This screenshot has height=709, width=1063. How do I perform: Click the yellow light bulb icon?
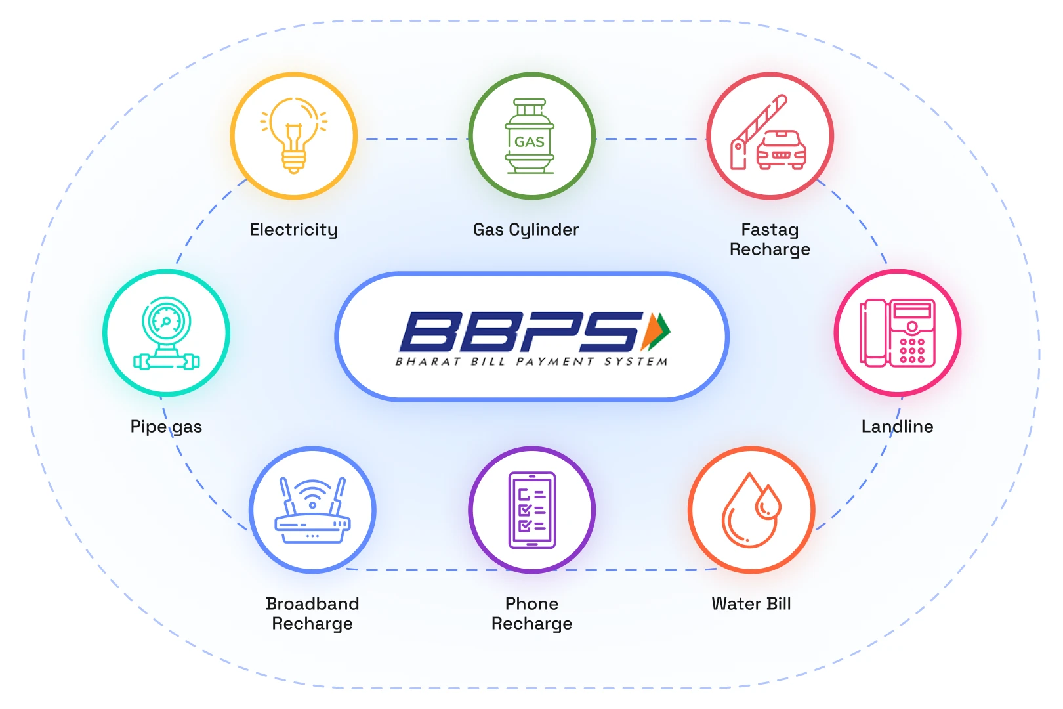[294, 135]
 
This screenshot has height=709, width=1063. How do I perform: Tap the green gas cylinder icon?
[530, 136]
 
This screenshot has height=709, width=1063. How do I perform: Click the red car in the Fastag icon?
[781, 150]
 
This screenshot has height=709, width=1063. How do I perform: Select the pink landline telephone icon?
[898, 333]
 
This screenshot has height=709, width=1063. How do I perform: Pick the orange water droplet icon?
[751, 510]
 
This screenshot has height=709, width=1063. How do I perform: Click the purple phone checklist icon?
[532, 510]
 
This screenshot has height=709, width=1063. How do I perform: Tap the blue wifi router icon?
[312, 511]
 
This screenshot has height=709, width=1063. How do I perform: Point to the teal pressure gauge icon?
[166, 333]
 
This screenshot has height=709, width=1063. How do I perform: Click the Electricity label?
[294, 230]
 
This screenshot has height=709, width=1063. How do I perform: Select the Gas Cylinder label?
[526, 230]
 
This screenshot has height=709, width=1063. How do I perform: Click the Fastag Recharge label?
[770, 240]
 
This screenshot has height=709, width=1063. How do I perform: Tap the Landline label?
[898, 427]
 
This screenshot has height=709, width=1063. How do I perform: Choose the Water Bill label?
[751, 603]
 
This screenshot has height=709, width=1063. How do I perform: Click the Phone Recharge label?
[532, 614]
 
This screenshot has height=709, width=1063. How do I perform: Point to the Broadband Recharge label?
[312, 614]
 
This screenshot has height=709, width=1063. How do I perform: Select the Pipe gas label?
[166, 427]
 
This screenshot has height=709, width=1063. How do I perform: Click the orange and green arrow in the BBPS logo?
[656, 332]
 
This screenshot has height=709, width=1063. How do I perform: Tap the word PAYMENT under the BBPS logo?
[554, 362]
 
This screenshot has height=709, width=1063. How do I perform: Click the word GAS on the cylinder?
[530, 142]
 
